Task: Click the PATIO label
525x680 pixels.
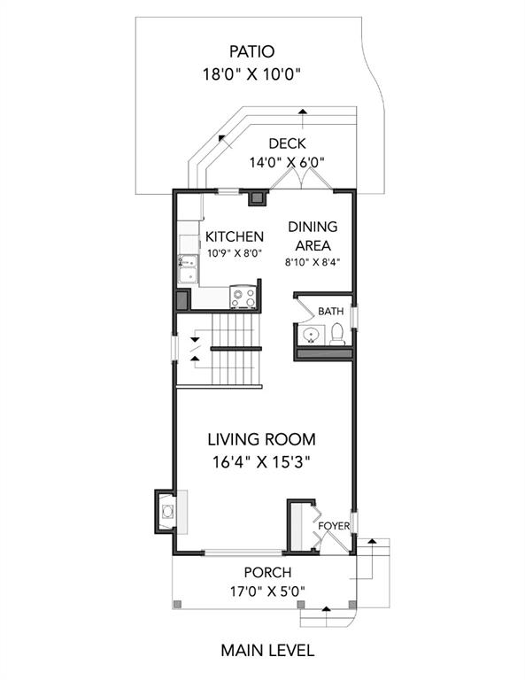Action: click(252, 51)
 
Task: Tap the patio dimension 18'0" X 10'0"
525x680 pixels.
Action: click(252, 74)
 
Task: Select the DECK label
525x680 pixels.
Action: click(287, 143)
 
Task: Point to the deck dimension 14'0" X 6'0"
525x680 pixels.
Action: click(287, 163)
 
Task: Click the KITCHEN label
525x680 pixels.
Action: click(234, 236)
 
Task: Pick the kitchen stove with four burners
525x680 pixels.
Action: click(243, 297)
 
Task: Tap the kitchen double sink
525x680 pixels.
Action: click(189, 269)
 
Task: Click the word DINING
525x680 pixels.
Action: click(313, 227)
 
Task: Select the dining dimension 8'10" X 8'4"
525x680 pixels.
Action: click(313, 262)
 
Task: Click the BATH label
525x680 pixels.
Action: click(331, 311)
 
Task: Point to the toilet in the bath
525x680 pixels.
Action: click(337, 335)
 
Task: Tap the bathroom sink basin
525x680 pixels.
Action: click(311, 336)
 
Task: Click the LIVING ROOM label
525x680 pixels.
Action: click(261, 439)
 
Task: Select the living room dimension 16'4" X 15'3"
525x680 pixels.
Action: click(261, 463)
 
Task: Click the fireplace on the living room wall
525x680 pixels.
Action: click(166, 512)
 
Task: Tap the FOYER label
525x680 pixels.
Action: click(334, 526)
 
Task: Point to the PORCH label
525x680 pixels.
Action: click(267, 573)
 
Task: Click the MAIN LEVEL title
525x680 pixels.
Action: click(267, 651)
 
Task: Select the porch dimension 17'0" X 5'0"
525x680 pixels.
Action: click(267, 591)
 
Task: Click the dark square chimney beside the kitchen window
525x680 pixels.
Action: click(258, 197)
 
